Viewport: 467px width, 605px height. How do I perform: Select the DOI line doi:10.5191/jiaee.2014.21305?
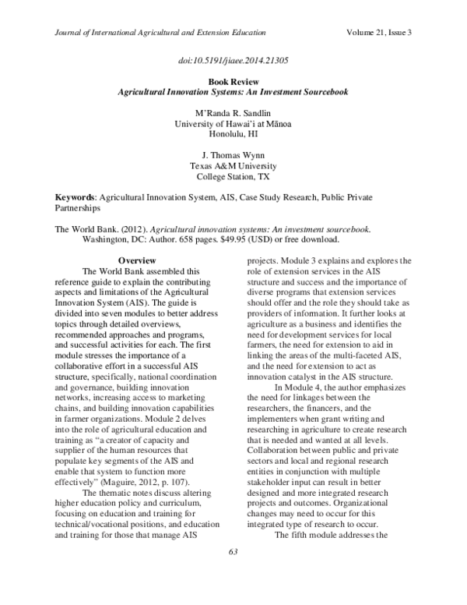[233, 60]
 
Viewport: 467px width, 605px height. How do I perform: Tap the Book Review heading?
[233, 81]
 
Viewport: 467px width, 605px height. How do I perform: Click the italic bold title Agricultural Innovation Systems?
[233, 91]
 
